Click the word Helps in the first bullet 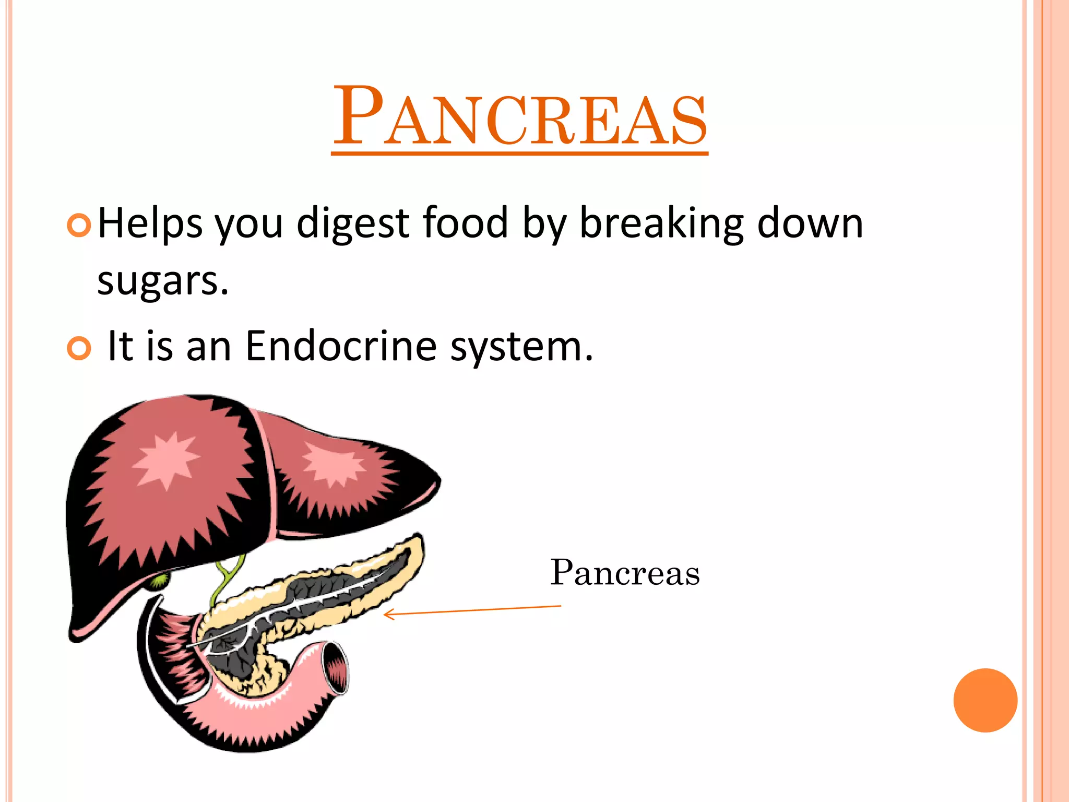pyautogui.click(x=149, y=223)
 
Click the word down pyautogui.click(x=810, y=223)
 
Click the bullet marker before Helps pyautogui.click(x=79, y=226)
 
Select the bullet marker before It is pyautogui.click(x=79, y=349)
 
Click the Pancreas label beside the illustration pyautogui.click(x=625, y=573)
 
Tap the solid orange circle pyautogui.click(x=985, y=700)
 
